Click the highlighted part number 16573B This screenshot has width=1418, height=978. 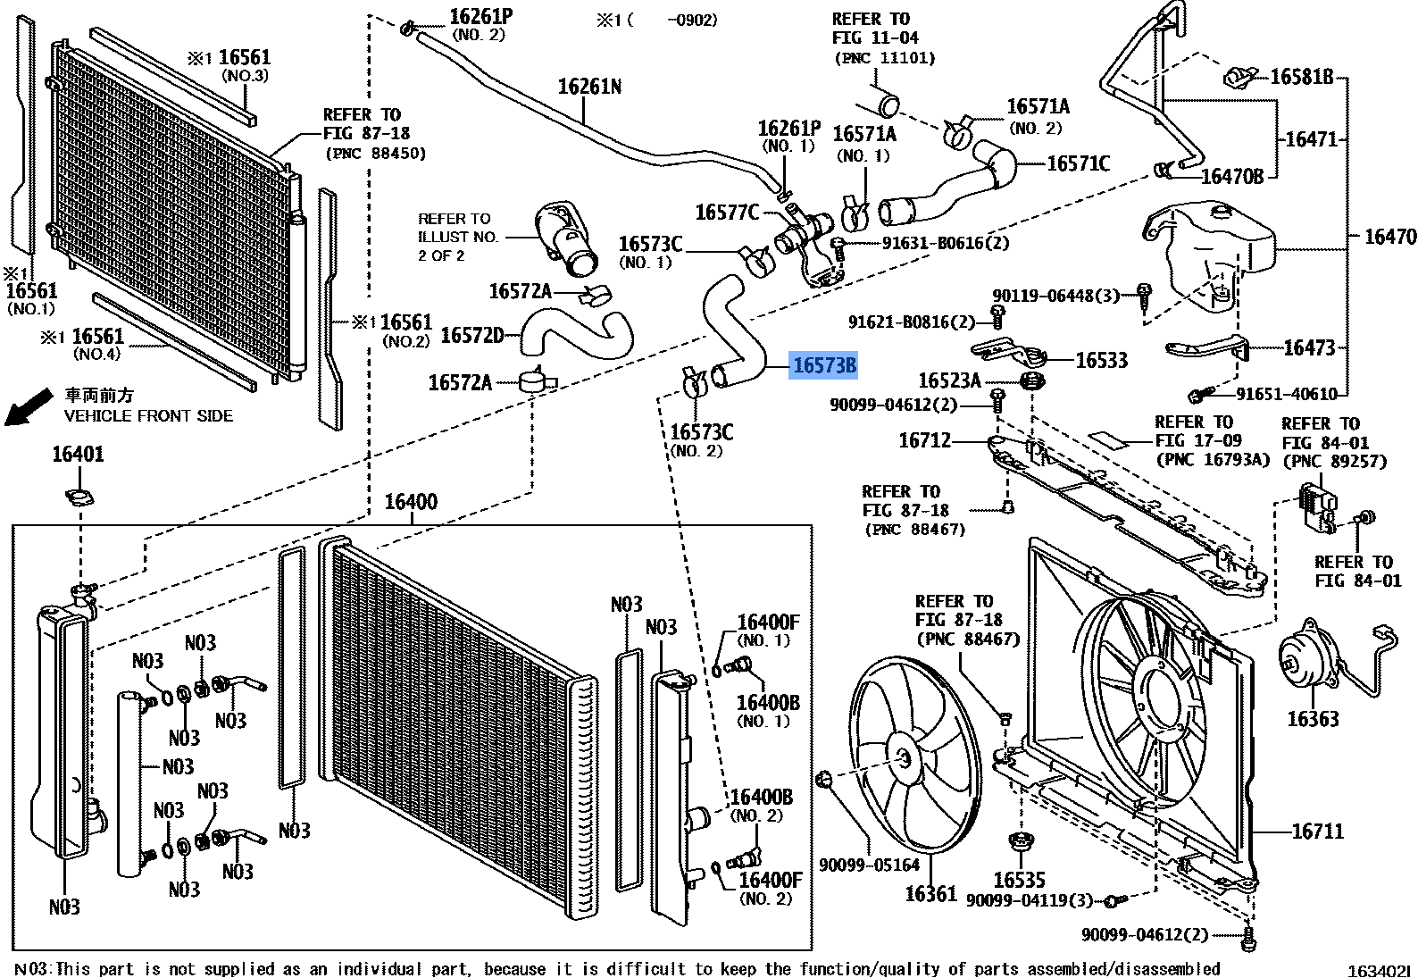(823, 365)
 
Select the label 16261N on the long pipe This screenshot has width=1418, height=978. (589, 87)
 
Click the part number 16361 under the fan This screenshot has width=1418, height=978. (930, 893)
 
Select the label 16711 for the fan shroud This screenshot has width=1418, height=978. (1317, 832)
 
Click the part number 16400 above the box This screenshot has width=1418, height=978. (411, 502)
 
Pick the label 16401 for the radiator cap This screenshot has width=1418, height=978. (78, 455)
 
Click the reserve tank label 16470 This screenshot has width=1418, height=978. (1389, 237)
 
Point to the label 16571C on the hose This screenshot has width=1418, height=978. (1078, 163)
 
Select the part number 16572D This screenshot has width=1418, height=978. (472, 335)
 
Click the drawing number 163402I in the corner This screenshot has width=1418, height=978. (1378, 970)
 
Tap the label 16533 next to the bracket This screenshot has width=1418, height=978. (1101, 360)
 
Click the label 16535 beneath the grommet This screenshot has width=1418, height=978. (1019, 880)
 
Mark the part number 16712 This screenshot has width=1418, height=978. (925, 440)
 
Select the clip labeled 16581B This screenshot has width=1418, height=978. (1239, 77)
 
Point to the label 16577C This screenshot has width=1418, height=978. (727, 213)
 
